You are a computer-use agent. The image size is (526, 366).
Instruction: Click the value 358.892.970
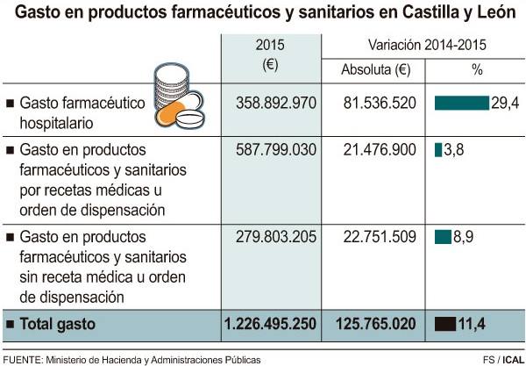[275, 103]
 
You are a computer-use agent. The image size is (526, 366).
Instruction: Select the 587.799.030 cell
[275, 150]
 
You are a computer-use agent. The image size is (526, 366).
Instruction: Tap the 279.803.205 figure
[275, 237]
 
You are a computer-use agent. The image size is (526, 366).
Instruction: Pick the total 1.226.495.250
[269, 323]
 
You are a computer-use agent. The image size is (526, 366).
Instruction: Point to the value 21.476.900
[380, 150]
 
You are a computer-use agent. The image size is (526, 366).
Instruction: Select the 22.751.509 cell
[380, 237]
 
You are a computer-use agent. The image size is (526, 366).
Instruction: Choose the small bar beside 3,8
[438, 150]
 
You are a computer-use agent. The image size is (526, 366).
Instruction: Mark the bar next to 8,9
[443, 237]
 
